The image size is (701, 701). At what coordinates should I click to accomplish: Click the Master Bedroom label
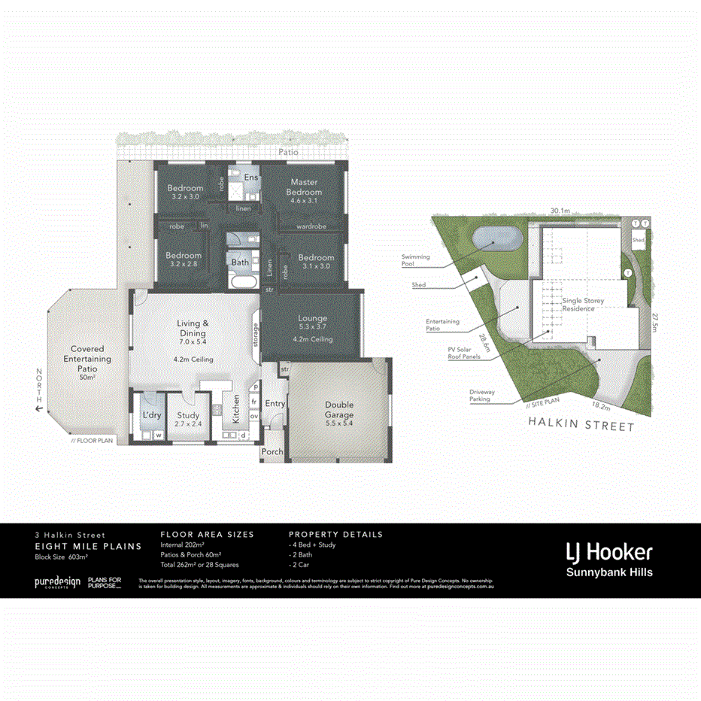point(304,187)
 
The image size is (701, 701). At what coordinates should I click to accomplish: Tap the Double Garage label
point(339,409)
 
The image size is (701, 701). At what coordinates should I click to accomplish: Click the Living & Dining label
point(193,328)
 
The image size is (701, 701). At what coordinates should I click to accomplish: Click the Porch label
point(272,452)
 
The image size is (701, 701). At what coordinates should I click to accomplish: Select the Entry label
point(275,404)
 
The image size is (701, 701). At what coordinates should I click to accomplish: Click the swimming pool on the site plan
point(492,239)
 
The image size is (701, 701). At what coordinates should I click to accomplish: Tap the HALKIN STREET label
point(581,426)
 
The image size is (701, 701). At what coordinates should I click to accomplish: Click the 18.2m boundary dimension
point(600,405)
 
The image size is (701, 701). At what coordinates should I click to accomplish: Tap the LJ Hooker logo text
point(609,552)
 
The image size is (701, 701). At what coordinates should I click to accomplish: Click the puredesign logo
point(57,582)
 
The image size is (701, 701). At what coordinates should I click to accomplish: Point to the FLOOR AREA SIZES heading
point(207,534)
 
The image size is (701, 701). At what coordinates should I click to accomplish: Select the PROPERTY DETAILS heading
point(335,534)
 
